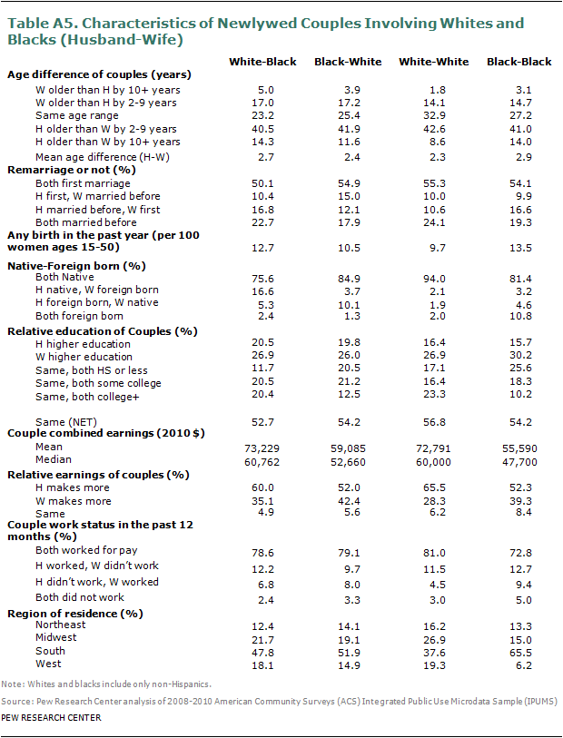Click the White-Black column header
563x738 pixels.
260,62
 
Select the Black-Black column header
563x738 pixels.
519,62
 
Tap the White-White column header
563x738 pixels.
434,62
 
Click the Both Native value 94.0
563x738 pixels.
434,279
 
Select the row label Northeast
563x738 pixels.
60,625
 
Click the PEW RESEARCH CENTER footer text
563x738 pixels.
52,718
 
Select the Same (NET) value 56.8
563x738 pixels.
434,420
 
